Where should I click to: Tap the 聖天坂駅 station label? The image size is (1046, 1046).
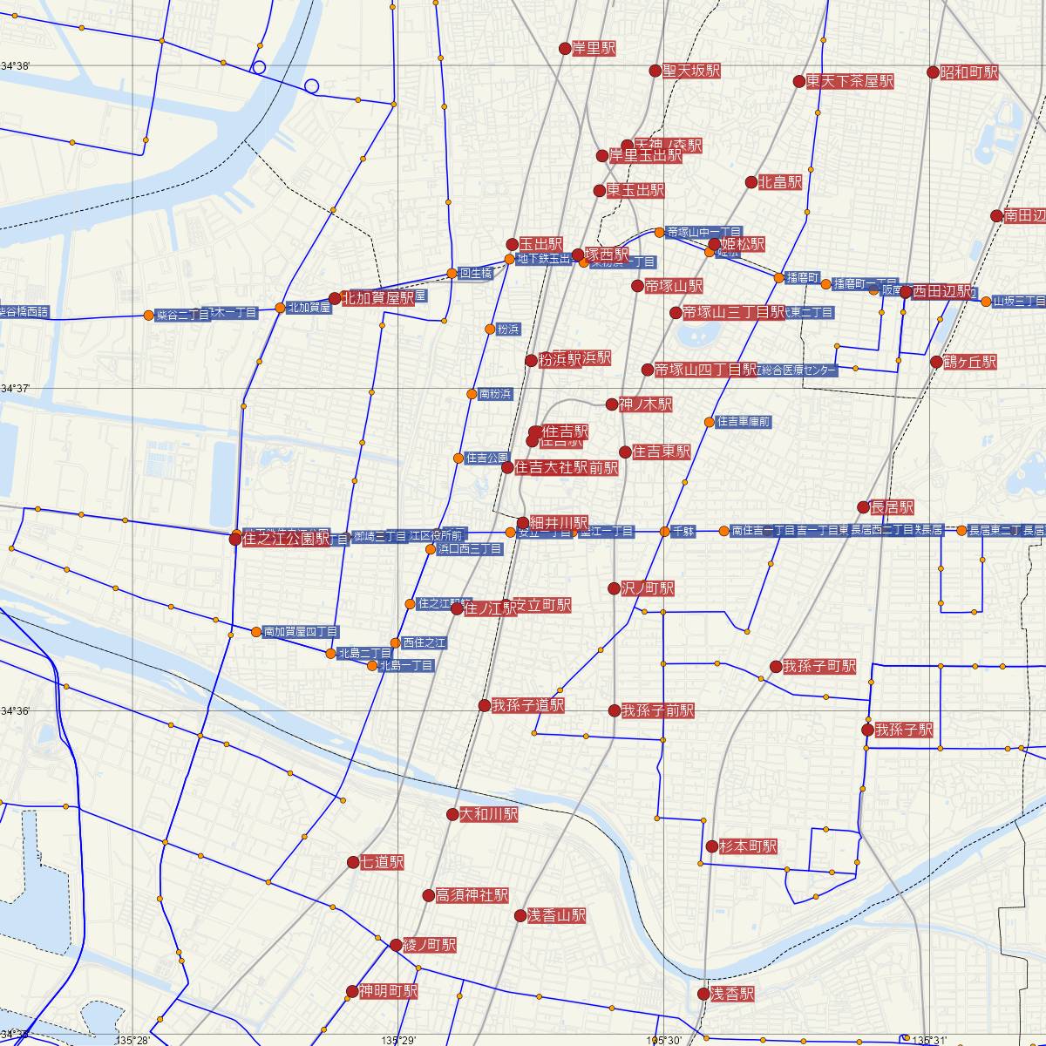(x=691, y=71)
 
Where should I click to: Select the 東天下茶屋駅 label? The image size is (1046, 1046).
(x=850, y=81)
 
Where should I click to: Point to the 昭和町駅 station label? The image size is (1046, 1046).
(x=968, y=72)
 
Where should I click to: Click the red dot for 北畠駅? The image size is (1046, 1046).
(x=751, y=182)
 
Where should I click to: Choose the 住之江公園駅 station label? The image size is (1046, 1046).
(x=287, y=539)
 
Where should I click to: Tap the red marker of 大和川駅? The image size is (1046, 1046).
(x=452, y=815)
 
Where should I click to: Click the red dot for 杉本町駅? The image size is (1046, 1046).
(x=711, y=846)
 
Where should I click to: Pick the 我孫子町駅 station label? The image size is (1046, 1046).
(x=819, y=667)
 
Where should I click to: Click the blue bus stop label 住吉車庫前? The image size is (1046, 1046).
(x=744, y=422)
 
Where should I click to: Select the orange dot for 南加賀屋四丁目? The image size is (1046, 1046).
(x=255, y=631)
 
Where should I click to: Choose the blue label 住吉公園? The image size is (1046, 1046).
(x=487, y=458)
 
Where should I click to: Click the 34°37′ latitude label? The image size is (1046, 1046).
(x=16, y=389)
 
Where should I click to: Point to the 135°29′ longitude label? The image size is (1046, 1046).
(x=397, y=1040)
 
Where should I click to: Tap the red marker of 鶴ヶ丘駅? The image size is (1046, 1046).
(x=936, y=362)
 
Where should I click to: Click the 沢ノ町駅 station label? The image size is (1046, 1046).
(x=648, y=588)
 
